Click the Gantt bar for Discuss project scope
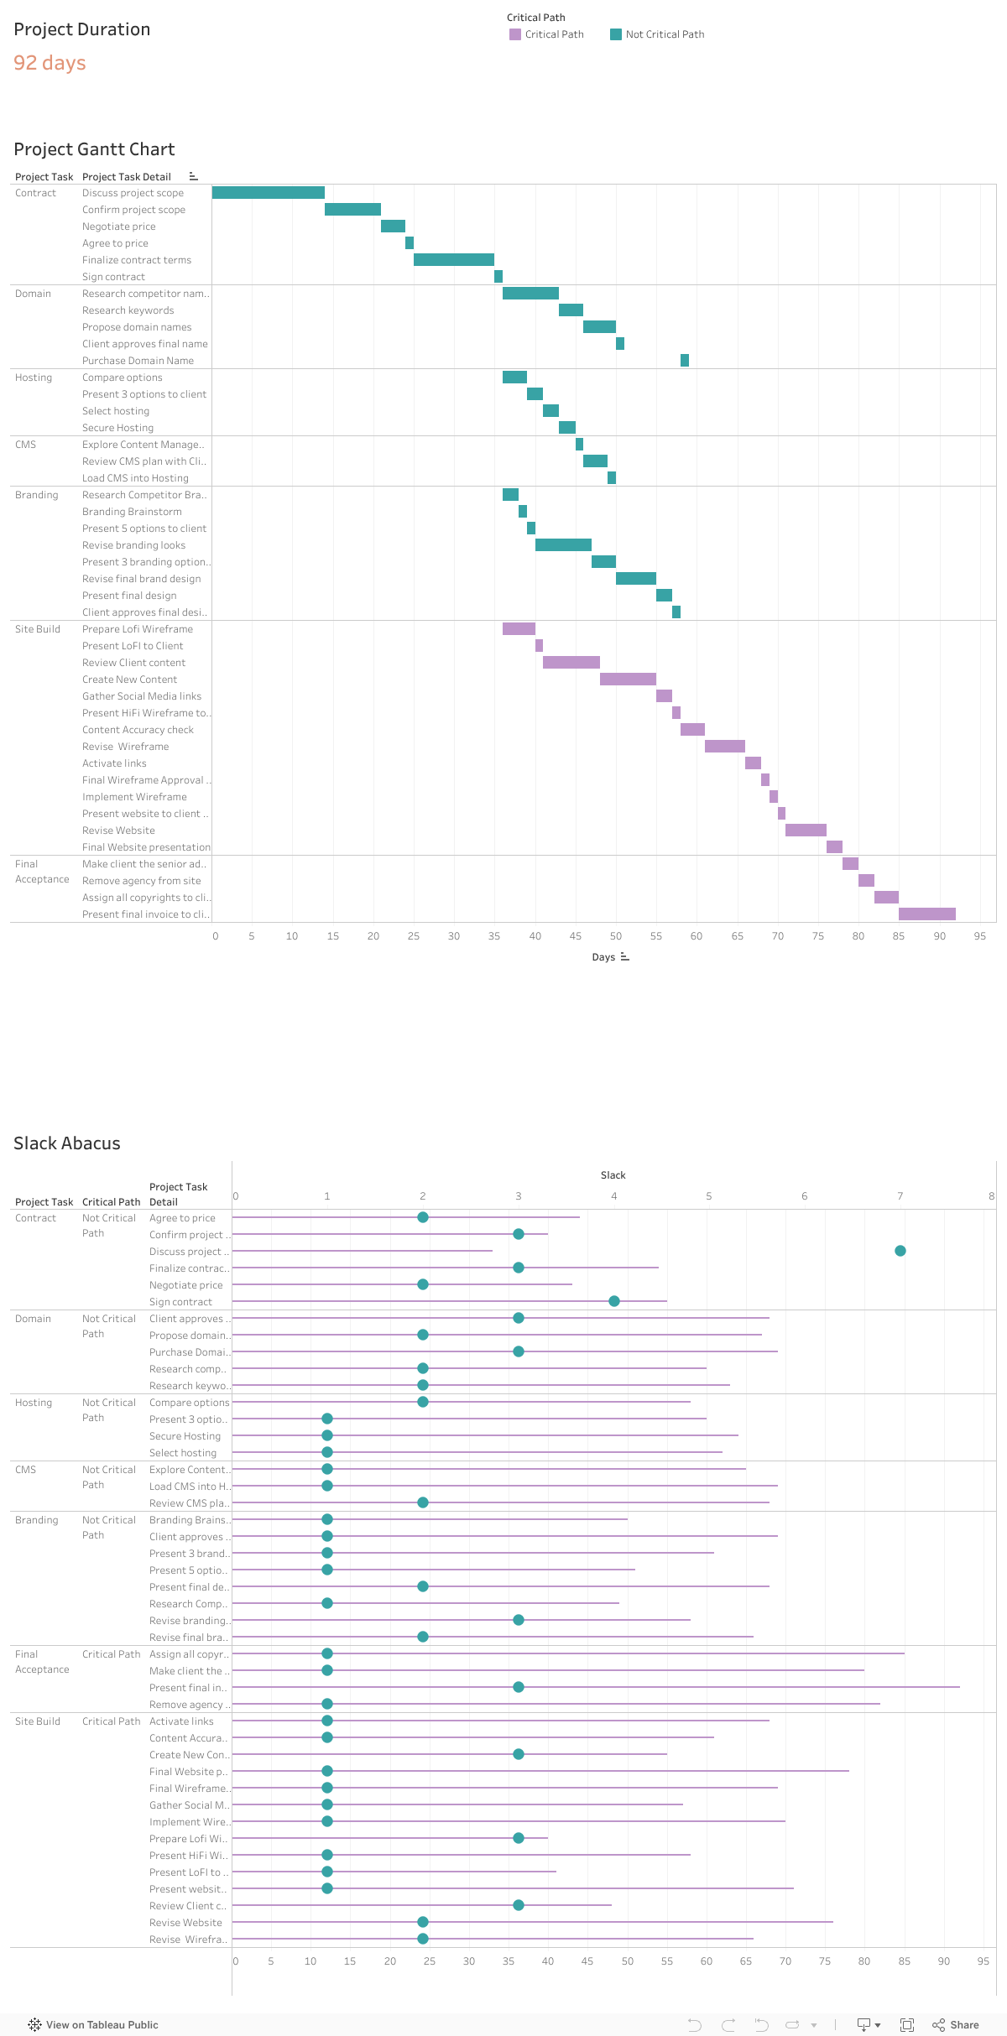(268, 193)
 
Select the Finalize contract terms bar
(453, 260)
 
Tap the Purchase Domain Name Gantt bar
(685, 361)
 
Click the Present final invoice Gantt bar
(926, 914)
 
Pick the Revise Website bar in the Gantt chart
(806, 831)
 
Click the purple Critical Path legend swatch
(515, 34)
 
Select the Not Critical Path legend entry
(664, 34)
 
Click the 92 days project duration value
(50, 63)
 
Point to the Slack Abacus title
(67, 1143)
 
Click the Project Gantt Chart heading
(94, 149)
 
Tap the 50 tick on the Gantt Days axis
(616, 936)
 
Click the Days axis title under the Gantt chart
(603, 957)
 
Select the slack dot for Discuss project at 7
(900, 1251)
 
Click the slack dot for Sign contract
(614, 1301)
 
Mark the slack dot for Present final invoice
(519, 1687)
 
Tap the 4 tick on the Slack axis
(613, 1196)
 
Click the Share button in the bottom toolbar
(956, 2025)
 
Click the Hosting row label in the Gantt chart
(34, 378)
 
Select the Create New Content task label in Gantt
(129, 680)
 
